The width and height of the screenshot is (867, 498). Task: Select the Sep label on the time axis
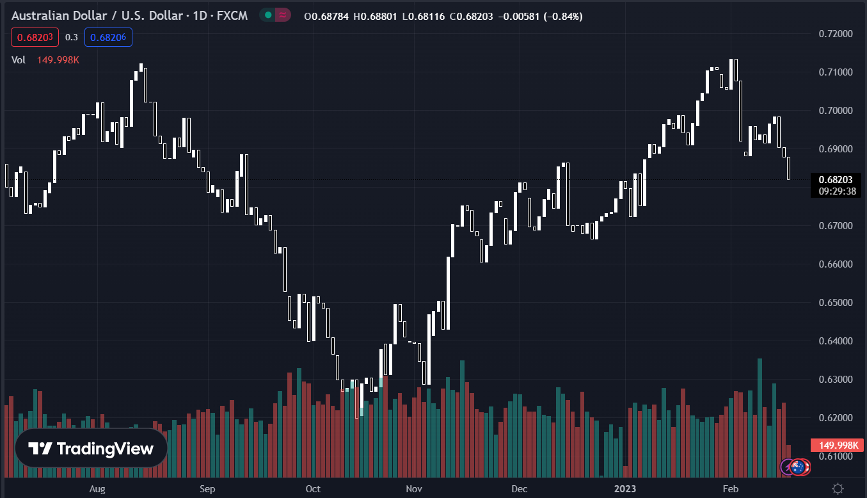[x=207, y=489]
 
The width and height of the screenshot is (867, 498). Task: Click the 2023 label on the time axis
[x=625, y=489]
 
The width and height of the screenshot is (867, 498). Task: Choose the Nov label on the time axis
[x=415, y=489]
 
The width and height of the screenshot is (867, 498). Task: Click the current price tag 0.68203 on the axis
[x=835, y=180]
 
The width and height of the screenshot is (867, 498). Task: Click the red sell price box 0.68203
[x=35, y=37]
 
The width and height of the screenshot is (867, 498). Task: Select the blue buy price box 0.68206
[x=108, y=37]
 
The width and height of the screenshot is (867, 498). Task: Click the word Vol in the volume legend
[x=19, y=60]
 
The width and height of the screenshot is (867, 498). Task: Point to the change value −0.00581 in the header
[x=518, y=16]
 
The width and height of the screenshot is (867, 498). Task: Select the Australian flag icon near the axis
[x=798, y=467]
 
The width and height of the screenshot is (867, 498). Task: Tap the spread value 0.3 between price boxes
[x=71, y=37]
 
